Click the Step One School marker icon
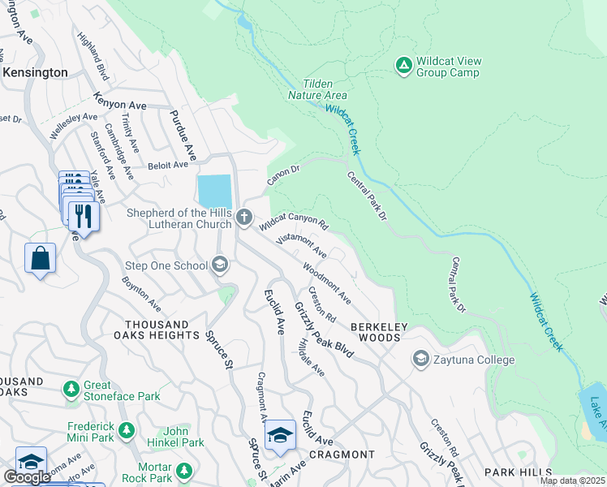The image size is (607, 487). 219,265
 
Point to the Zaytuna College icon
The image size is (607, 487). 421,359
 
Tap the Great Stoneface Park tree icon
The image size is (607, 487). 72,389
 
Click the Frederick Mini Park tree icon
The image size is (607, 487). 126,429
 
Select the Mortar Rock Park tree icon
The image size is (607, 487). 184,470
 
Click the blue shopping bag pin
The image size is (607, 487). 40,259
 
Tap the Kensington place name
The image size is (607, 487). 35,72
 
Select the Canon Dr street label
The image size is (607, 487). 284,175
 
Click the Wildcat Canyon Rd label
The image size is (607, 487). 294,220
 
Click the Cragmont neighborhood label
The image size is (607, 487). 342,455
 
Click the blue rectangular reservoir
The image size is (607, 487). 214,192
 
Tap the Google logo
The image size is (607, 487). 27,477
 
